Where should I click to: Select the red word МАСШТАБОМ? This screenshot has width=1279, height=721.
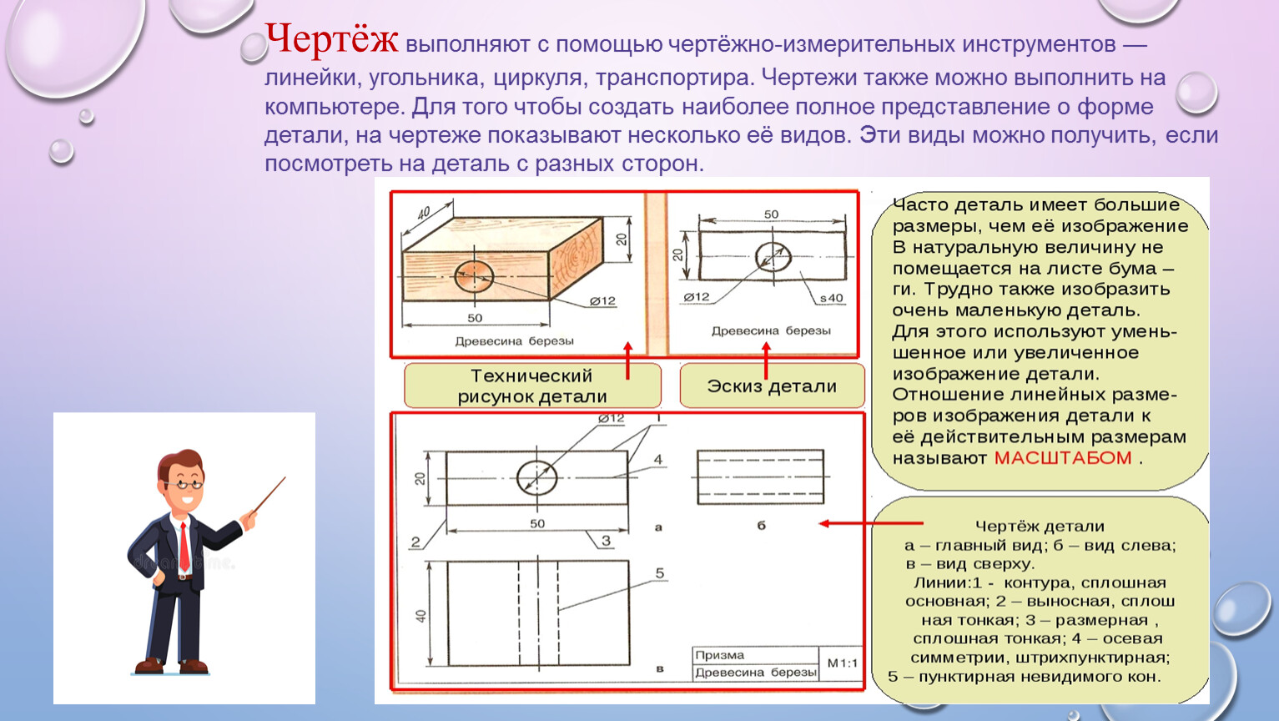(1062, 458)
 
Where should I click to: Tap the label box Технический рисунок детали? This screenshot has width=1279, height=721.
(531, 386)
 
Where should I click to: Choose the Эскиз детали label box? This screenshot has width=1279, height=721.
(771, 386)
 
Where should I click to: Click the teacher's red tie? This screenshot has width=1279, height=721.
(184, 546)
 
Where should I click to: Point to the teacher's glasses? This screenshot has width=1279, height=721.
(186, 482)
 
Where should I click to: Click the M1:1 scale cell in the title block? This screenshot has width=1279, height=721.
(842, 663)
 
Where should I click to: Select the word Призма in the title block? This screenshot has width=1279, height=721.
(719, 655)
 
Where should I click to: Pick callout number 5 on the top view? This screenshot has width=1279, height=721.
(659, 573)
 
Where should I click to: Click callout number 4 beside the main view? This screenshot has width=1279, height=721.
(658, 459)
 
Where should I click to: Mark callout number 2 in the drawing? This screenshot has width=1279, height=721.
(415, 542)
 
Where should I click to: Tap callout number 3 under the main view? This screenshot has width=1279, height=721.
(607, 541)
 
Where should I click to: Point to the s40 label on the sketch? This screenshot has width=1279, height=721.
(831, 298)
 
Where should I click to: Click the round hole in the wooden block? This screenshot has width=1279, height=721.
(474, 276)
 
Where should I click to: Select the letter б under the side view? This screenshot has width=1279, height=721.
(761, 526)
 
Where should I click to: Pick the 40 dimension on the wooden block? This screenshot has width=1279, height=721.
(424, 213)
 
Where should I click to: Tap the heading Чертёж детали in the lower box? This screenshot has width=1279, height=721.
(1040, 527)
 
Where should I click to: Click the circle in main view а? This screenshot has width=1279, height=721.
(536, 478)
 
